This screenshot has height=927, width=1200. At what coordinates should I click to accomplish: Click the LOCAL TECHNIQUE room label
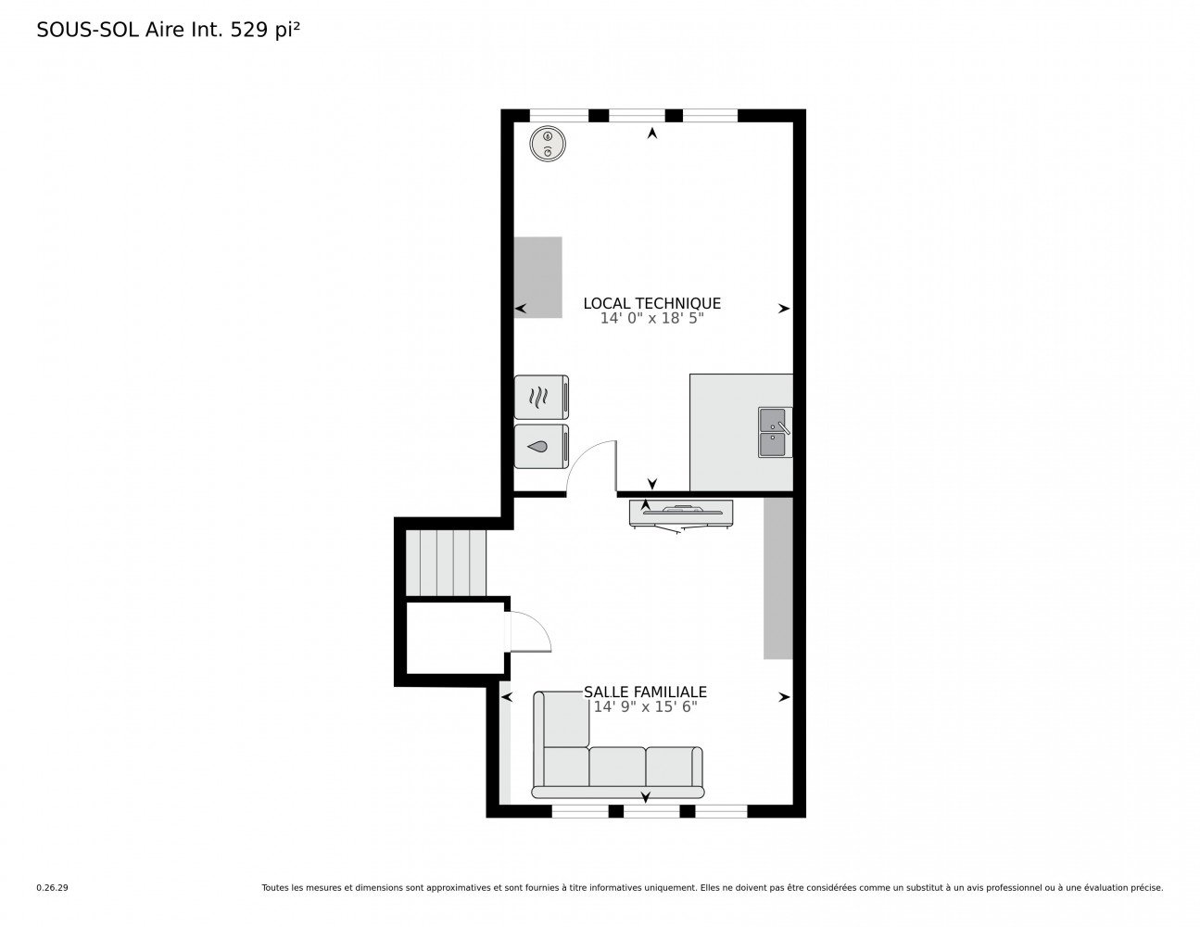point(651,303)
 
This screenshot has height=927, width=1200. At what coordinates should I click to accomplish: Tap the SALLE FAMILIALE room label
point(645,692)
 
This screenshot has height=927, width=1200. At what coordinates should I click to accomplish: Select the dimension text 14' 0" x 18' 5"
point(651,318)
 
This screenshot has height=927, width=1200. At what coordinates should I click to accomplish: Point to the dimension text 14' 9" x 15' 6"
point(645,706)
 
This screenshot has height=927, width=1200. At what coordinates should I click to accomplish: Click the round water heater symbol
point(548,144)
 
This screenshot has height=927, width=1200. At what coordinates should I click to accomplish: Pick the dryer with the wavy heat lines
point(541,397)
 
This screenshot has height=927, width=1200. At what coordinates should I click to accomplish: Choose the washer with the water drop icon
point(541,447)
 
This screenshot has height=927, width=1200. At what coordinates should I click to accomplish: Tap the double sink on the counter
point(775,432)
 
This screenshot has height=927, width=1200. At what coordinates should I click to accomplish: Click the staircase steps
point(446,563)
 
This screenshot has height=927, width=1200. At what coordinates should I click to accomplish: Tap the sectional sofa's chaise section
point(566,719)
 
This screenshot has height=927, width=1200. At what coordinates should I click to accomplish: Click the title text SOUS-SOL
point(88,30)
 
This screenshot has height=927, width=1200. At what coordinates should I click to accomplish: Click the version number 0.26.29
point(53,888)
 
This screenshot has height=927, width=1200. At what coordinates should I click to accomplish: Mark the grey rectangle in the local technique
point(537,277)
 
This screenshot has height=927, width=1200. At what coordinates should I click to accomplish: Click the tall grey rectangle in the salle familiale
point(778,578)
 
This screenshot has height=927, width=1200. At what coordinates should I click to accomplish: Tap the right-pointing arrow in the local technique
point(784,309)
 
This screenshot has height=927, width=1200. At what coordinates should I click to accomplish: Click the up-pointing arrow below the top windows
point(652,133)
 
